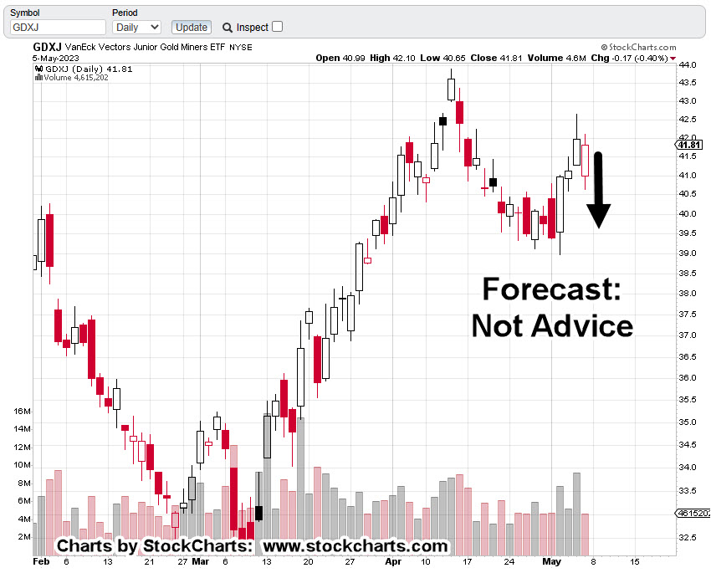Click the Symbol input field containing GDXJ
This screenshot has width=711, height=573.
point(57,27)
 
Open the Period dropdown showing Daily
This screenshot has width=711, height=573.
point(136,27)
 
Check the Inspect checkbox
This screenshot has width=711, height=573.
point(278,26)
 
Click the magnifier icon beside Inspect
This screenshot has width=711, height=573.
point(227,27)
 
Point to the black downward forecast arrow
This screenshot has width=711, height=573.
point(598,191)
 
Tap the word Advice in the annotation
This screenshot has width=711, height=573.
point(585,325)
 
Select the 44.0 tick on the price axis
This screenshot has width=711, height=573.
point(688,65)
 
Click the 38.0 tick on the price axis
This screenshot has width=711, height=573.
point(688,294)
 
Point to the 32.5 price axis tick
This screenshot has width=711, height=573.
point(688,537)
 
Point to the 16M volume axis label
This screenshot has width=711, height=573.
point(22,412)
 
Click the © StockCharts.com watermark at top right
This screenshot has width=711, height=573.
point(637,48)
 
